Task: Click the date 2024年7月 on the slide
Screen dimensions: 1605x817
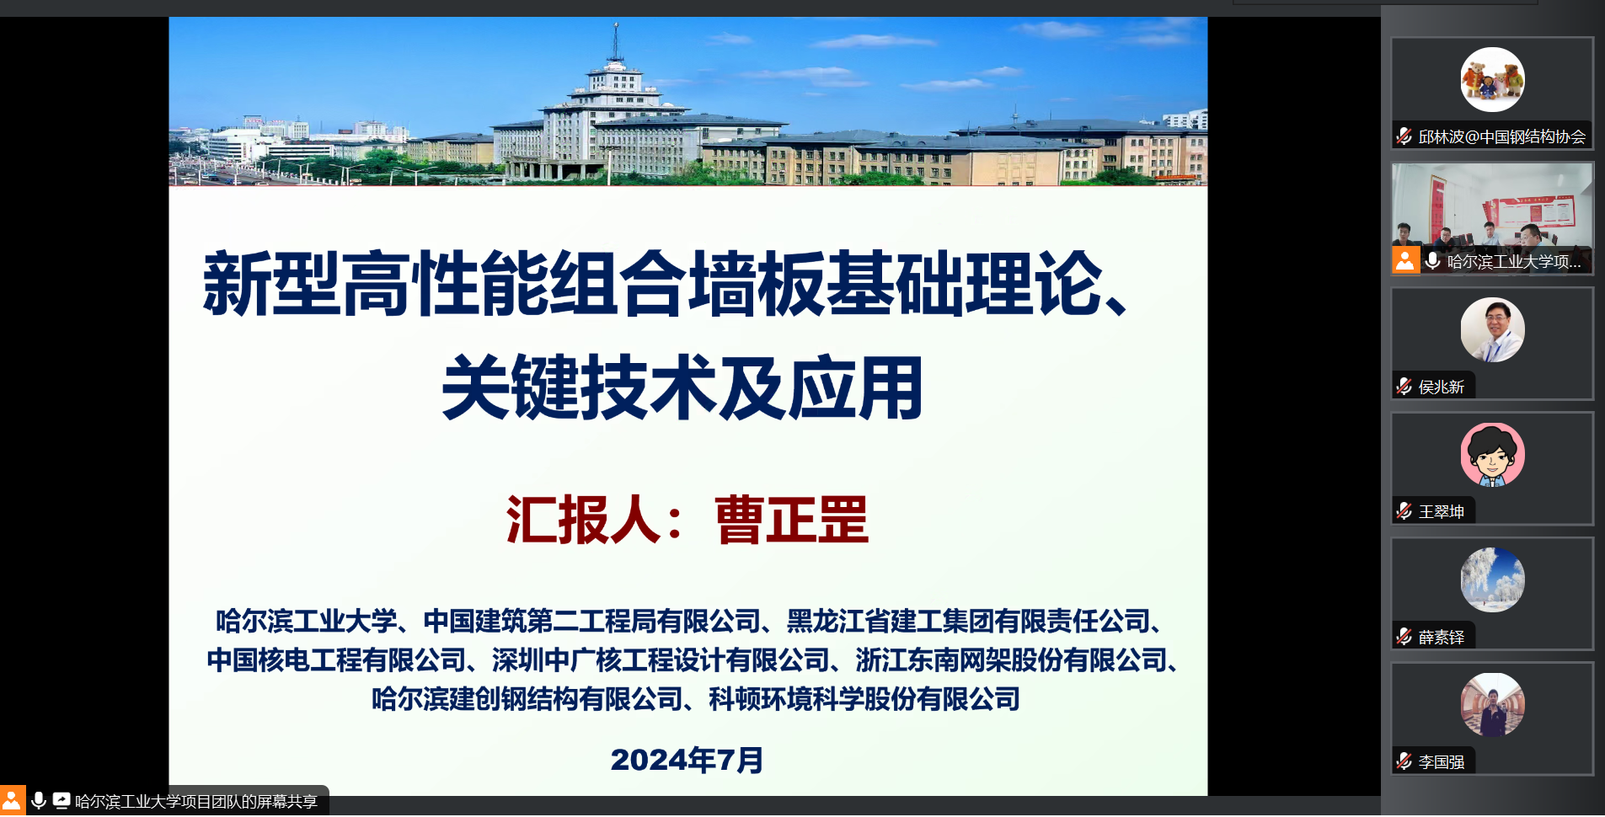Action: pyautogui.click(x=687, y=760)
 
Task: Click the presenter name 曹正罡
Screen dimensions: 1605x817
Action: pyautogui.click(x=791, y=520)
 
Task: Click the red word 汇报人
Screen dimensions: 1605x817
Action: pyautogui.click(x=583, y=520)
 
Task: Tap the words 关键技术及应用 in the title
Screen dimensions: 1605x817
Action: pyautogui.click(x=682, y=387)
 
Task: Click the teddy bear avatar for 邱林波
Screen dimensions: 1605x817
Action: pyautogui.click(x=1492, y=80)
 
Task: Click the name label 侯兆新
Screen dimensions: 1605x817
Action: pyautogui.click(x=1441, y=387)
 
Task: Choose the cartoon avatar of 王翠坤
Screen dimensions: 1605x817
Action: pyautogui.click(x=1492, y=455)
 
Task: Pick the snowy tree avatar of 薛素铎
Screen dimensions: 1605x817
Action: pyautogui.click(x=1492, y=580)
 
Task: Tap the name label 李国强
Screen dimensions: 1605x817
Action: pyautogui.click(x=1441, y=762)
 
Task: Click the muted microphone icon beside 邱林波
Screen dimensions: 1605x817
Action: pyautogui.click(x=1404, y=136)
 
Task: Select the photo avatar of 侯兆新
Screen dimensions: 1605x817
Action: pyautogui.click(x=1492, y=330)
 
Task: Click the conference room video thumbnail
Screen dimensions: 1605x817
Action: pyautogui.click(x=1492, y=218)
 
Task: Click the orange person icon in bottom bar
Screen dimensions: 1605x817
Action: pyautogui.click(x=12, y=800)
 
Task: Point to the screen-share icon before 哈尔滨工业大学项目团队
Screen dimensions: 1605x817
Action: pyautogui.click(x=62, y=800)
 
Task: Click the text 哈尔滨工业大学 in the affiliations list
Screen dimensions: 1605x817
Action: pyautogui.click(x=307, y=622)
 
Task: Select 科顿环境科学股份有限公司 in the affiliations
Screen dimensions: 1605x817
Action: pyautogui.click(x=864, y=699)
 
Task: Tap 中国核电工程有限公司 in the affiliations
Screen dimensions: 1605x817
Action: pyautogui.click(x=336, y=660)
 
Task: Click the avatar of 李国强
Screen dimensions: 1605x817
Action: pyautogui.click(x=1492, y=705)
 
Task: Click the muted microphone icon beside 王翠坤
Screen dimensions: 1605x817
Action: pyautogui.click(x=1404, y=511)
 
